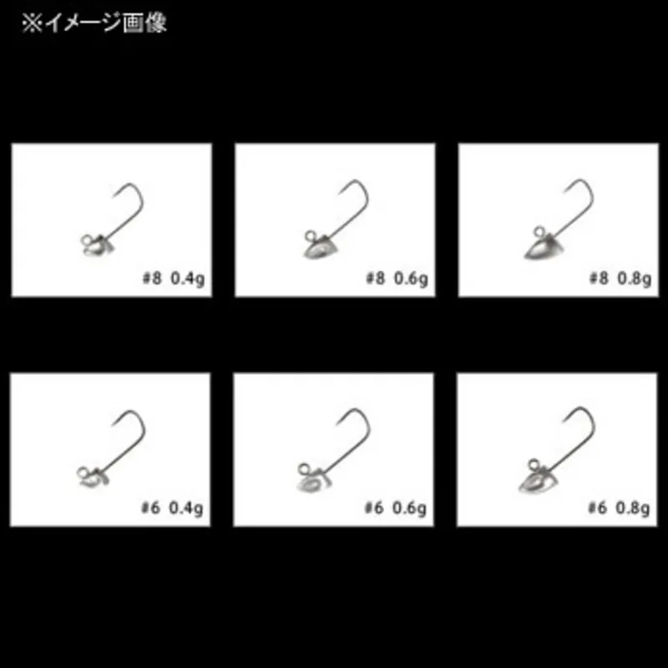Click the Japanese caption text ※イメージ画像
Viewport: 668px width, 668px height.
click(x=94, y=23)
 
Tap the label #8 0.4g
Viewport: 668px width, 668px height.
click(x=174, y=279)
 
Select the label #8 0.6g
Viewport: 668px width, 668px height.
click(x=397, y=279)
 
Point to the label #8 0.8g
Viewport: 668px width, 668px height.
click(x=620, y=279)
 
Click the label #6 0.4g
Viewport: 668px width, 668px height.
click(x=172, y=509)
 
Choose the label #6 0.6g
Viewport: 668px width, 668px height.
click(x=395, y=509)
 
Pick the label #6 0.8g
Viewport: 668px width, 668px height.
click(x=619, y=509)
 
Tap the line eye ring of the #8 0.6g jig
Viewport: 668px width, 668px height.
click(x=310, y=236)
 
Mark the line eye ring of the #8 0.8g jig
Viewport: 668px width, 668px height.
click(x=539, y=233)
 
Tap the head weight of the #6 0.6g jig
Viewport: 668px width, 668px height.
click(x=313, y=482)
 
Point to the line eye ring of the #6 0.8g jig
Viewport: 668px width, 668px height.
click(x=534, y=464)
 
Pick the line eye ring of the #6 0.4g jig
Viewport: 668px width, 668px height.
click(x=82, y=473)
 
